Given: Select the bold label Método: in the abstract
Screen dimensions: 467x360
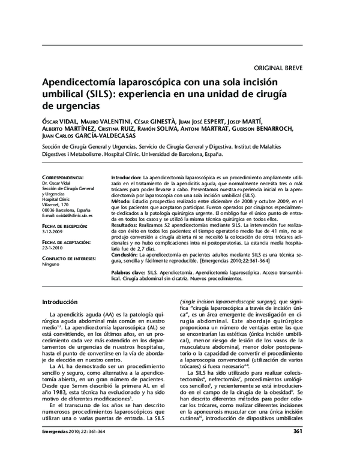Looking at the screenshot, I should click(x=124, y=202).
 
